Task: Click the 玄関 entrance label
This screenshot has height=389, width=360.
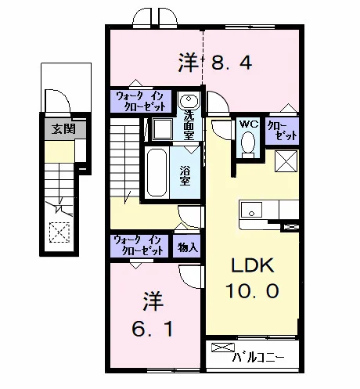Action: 63,129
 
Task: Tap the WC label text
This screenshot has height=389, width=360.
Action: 249,124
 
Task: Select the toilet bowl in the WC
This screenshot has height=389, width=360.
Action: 248,142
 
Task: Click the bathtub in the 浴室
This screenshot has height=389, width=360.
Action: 157,172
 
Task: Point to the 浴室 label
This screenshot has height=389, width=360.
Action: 185,175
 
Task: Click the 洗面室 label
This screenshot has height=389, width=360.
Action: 189,124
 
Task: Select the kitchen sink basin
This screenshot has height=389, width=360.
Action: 251,210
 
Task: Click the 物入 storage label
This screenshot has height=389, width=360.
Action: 188,247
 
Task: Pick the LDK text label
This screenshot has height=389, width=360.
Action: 253,265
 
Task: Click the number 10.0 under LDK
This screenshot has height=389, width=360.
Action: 252,291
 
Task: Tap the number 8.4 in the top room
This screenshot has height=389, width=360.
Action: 232,63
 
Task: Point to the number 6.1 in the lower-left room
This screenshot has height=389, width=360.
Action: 153,329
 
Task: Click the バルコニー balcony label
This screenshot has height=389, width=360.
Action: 258,357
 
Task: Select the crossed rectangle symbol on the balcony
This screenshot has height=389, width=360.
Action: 223,348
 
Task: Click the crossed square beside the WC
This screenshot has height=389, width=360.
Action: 286,161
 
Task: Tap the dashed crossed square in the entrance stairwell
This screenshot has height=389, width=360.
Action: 59,232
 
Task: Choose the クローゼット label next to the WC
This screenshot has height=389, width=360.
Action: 283,131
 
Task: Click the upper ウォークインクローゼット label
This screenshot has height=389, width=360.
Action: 141,102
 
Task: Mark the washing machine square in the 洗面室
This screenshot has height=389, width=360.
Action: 163,129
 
